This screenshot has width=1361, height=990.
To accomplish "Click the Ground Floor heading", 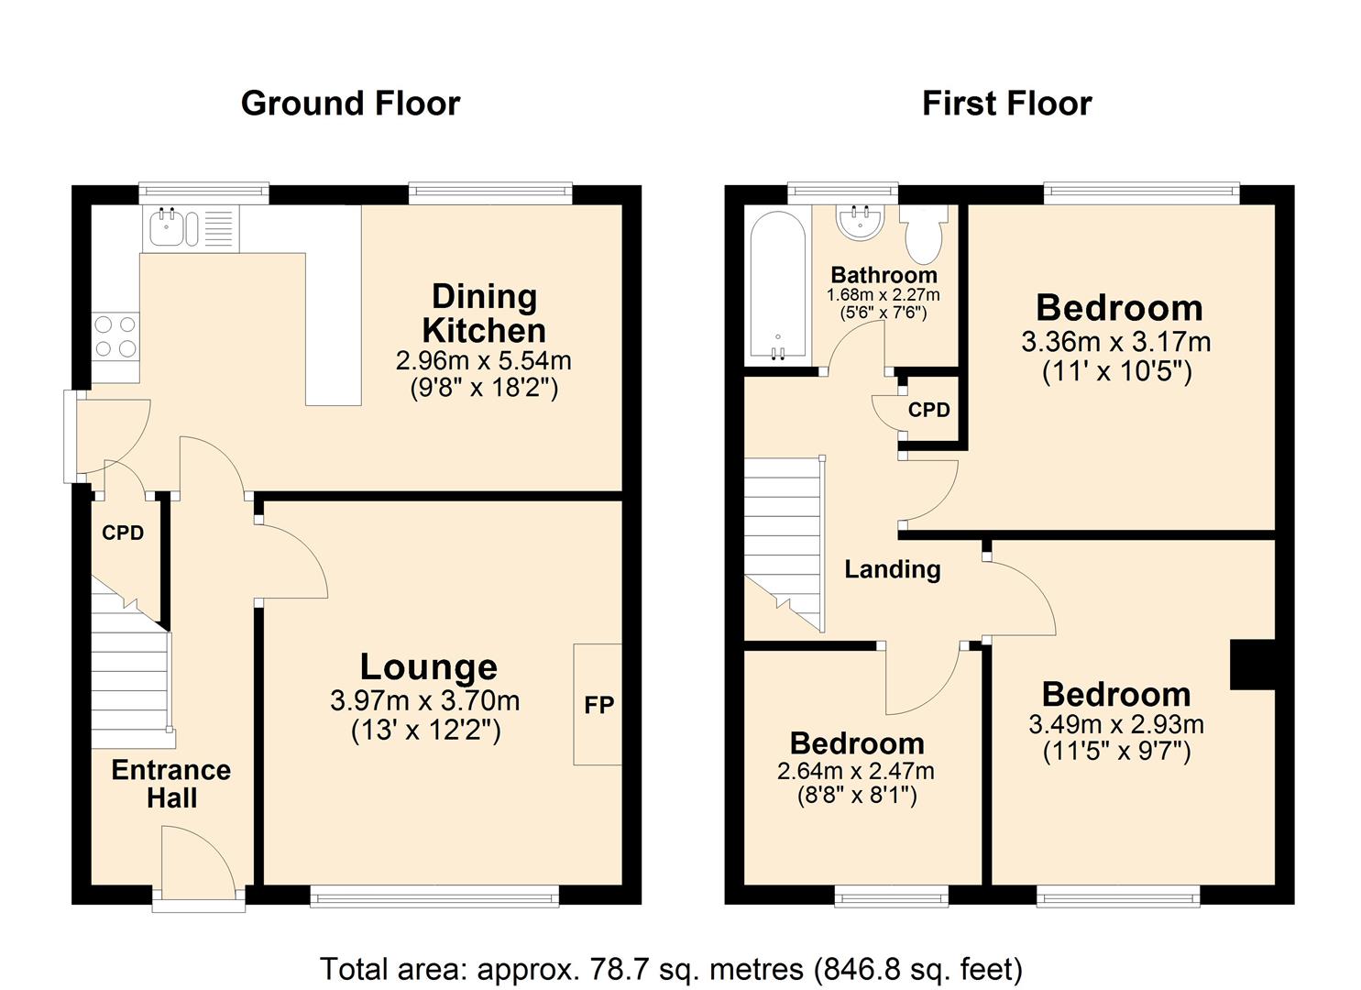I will [x=350, y=104].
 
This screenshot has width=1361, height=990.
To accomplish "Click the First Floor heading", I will [x=1006, y=104].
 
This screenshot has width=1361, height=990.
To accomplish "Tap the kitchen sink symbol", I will [x=171, y=227].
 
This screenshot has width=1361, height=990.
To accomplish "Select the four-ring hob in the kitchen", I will [x=115, y=335].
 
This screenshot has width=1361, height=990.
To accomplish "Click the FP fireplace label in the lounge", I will [x=599, y=705].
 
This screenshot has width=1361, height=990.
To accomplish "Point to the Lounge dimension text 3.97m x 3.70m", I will [x=425, y=701].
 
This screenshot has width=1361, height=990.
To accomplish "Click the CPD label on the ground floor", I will [x=123, y=533].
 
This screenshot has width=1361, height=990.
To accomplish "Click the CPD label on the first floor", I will [x=928, y=410].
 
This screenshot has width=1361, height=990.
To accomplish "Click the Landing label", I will [x=892, y=569].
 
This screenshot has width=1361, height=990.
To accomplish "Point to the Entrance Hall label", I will [x=171, y=784].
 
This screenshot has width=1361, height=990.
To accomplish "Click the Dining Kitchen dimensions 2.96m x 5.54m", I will [x=483, y=360].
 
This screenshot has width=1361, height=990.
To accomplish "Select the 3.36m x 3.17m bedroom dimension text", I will [x=1115, y=342].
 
